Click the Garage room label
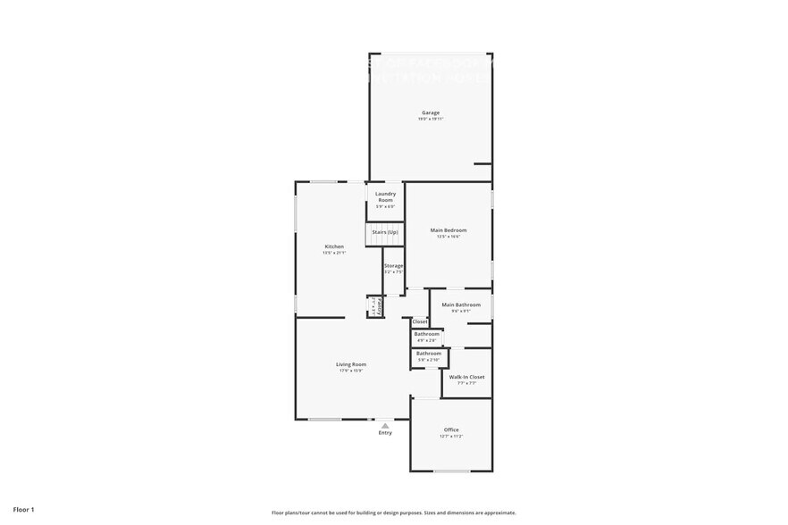point(431,112)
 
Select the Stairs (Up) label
point(385,232)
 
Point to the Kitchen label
point(334,246)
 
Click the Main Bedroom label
point(448,230)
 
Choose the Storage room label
point(394,266)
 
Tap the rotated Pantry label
point(380,307)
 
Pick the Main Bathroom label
point(461,304)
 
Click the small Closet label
point(420,321)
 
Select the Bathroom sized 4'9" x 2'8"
point(426,334)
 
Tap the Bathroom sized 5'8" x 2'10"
point(429,353)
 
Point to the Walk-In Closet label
point(467,377)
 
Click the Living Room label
point(351,364)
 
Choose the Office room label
point(451,429)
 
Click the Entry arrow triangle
point(385,426)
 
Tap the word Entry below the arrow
point(385,433)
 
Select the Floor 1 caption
point(23,509)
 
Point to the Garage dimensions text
point(431,119)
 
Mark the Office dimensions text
point(451,436)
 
